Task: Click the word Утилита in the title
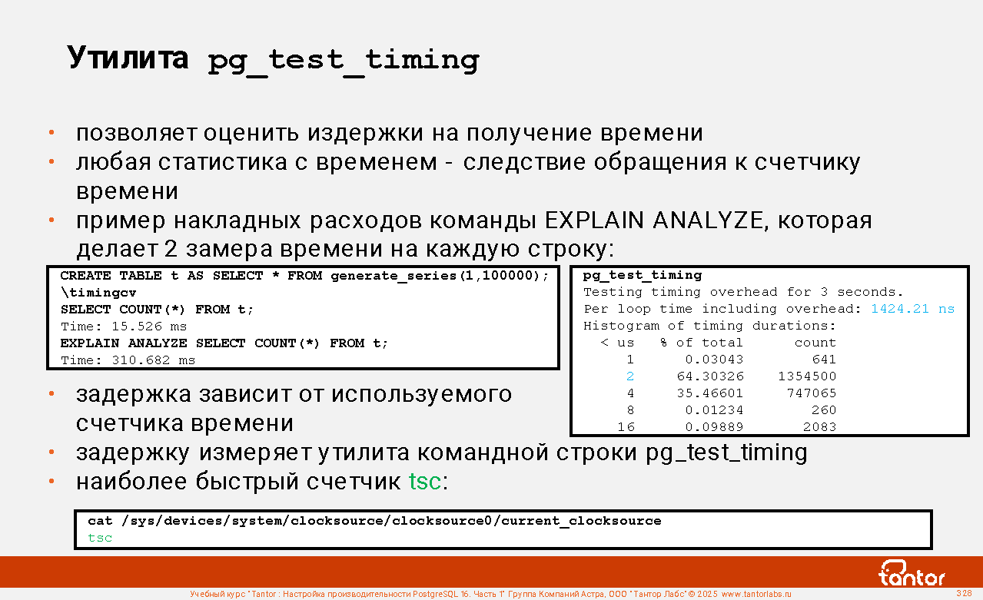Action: click(x=128, y=58)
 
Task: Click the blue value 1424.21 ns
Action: click(x=912, y=309)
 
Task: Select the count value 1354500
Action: click(x=807, y=376)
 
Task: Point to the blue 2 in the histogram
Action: click(x=630, y=376)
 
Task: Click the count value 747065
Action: click(x=812, y=393)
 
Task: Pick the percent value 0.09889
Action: click(x=715, y=426)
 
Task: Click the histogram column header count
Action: click(x=815, y=343)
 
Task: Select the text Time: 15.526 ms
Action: click(x=124, y=327)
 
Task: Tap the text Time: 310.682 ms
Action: click(x=128, y=360)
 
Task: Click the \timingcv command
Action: click(x=98, y=293)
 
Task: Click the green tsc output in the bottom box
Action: click(x=100, y=538)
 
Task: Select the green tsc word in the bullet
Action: click(x=424, y=481)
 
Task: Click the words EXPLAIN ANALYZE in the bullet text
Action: click(x=654, y=220)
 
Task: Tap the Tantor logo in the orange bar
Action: click(x=911, y=573)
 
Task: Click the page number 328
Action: click(x=964, y=593)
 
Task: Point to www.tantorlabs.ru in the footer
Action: click(x=756, y=594)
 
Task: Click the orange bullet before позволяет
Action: click(x=51, y=132)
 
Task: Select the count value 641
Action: click(x=824, y=360)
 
